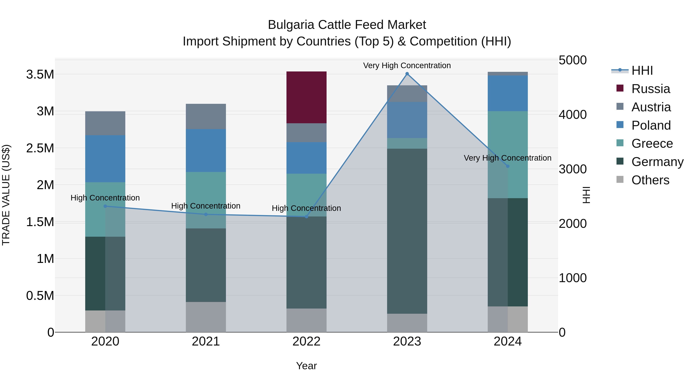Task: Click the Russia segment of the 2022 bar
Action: coord(306,97)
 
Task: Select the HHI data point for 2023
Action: coord(407,74)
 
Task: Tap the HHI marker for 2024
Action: coord(508,166)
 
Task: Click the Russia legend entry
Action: coord(651,89)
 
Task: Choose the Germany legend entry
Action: coord(657,162)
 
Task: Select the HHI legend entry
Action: coord(642,70)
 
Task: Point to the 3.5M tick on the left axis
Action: coord(40,75)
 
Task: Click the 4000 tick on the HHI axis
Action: coord(573,115)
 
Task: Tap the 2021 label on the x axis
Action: coord(206,341)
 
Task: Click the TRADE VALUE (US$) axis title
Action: coord(6,195)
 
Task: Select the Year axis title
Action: coord(306,366)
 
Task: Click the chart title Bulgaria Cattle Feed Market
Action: coord(347,25)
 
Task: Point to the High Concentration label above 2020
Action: coord(105,198)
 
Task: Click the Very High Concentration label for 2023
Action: coord(407,66)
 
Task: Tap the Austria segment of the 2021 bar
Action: coord(206,116)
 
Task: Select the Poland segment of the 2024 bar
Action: coord(508,93)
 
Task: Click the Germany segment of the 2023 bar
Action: coord(407,231)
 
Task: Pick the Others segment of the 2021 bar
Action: coord(206,317)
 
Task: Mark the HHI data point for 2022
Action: coord(306,217)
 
